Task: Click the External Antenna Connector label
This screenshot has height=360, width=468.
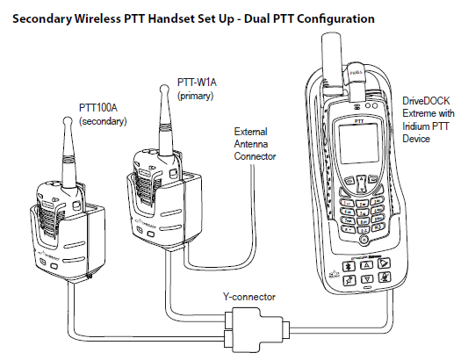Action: (x=254, y=143)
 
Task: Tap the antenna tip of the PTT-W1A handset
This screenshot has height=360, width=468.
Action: (x=166, y=88)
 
